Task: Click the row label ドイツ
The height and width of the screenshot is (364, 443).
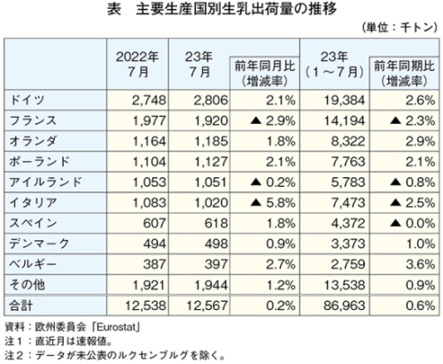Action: coord(27,100)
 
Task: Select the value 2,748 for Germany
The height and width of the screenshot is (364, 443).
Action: coord(149,100)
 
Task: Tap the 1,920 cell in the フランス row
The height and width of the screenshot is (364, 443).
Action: coord(211,121)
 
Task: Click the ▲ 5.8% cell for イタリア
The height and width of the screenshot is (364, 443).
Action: coord(273,203)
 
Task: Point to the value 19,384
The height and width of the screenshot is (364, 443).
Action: coord(345,100)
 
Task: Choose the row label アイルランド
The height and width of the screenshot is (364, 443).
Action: coord(45,182)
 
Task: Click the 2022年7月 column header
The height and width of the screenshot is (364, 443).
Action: coord(137,65)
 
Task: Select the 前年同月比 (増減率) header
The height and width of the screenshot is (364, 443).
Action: coord(265,74)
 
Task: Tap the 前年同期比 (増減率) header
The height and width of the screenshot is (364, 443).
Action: coord(404,74)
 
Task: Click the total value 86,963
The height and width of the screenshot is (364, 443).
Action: coord(345,306)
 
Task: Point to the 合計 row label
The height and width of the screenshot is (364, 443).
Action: coord(20,306)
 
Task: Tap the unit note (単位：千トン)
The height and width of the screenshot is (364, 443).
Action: coord(400,27)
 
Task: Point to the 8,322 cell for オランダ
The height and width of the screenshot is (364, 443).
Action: coord(348,142)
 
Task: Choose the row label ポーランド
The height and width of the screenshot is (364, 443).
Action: coord(39,162)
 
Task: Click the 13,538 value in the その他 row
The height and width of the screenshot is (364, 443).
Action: coord(345,285)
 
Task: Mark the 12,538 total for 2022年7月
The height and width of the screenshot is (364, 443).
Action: coord(145,306)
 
